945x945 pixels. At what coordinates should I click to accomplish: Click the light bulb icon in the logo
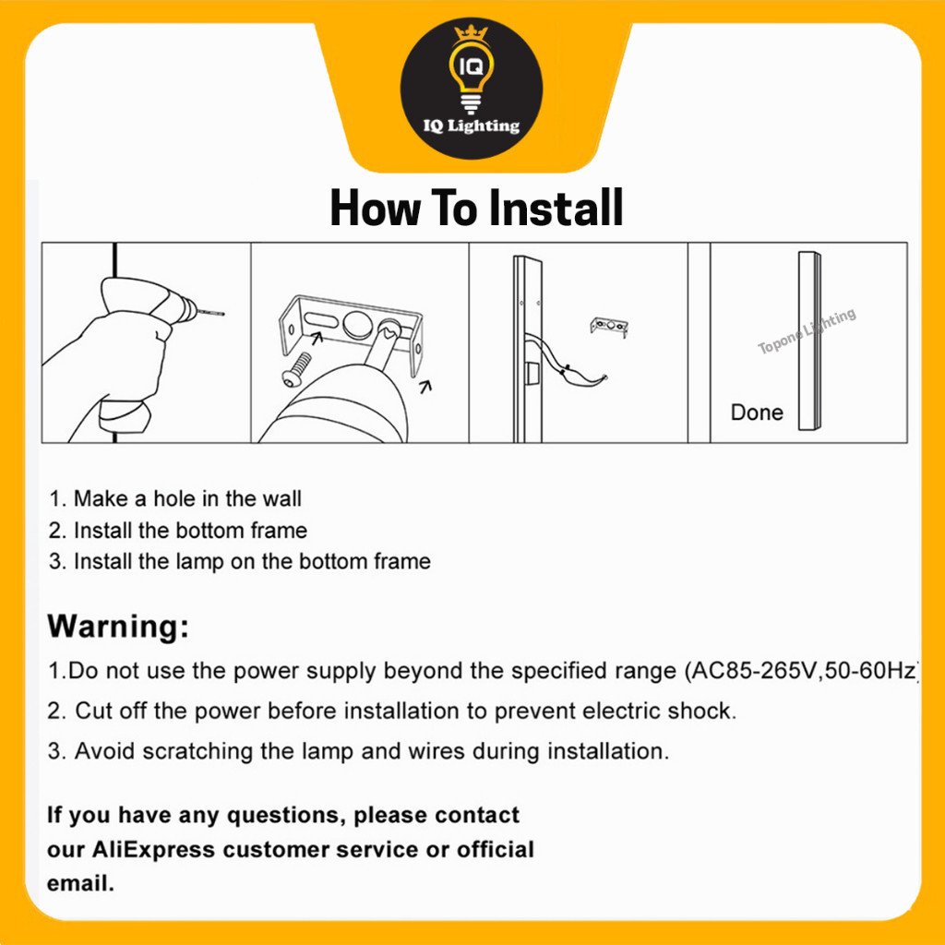(472, 79)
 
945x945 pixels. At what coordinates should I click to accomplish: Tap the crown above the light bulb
(471, 33)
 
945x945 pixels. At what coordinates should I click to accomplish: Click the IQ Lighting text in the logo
(472, 126)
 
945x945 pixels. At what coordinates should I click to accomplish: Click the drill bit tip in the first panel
(222, 313)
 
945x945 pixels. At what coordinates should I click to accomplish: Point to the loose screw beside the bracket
(296, 369)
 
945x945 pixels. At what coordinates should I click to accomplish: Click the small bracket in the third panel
(609, 327)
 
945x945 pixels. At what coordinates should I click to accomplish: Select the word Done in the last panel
(757, 413)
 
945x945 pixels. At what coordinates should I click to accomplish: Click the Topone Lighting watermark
(807, 331)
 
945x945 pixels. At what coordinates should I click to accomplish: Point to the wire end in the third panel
(604, 377)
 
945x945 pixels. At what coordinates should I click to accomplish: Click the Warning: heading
(118, 626)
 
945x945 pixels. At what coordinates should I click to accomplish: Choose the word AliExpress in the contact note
(153, 849)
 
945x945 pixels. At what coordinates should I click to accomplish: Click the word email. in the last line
(80, 883)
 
